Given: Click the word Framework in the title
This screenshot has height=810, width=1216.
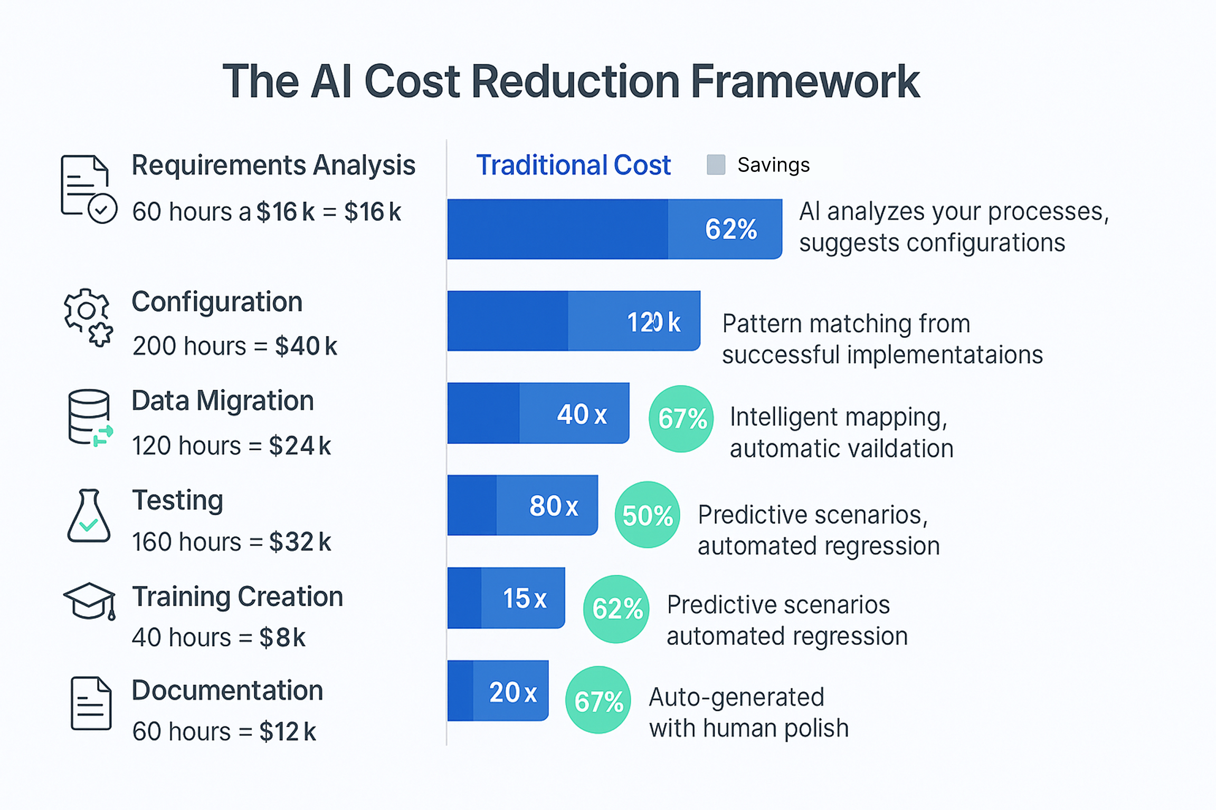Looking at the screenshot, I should point(805,82).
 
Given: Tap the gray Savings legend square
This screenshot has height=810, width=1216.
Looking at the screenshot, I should point(716,165).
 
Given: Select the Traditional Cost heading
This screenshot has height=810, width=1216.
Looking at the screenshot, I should point(573,165).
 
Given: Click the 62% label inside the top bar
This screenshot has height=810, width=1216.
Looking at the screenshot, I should point(731,229).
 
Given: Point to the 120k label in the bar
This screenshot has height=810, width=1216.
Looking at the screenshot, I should point(653,322).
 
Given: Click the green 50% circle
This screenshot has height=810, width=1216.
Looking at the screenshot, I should point(648,515).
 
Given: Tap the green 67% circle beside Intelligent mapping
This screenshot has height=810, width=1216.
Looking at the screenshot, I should point(681,419).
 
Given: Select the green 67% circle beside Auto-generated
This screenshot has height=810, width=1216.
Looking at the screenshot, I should point(598,700).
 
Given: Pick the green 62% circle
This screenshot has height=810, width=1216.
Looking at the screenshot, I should point(616,609).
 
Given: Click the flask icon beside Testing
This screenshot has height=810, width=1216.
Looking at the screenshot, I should point(89,516).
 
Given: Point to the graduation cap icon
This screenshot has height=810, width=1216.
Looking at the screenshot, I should point(89,601).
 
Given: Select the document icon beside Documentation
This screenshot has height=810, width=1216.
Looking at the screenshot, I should point(91,703).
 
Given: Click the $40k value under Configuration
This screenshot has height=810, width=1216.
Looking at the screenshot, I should point(306,346).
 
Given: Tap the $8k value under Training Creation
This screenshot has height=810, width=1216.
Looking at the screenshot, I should point(282,638).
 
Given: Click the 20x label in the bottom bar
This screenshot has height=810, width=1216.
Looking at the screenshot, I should point(512,692).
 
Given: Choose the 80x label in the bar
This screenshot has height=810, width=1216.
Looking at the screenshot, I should point(554,506).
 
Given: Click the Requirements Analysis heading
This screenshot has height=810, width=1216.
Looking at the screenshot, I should point(273,165).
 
